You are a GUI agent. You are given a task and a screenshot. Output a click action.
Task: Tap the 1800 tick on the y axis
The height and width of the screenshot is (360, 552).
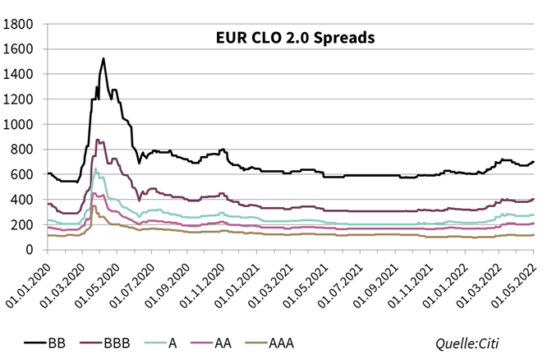[x=18, y=24]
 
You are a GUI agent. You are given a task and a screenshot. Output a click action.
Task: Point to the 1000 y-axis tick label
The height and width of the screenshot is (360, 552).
[x=18, y=124]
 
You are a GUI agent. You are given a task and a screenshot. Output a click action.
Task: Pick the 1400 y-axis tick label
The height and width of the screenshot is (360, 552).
[x=18, y=74]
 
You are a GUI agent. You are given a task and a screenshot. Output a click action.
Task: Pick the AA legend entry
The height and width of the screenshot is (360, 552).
[x=215, y=343]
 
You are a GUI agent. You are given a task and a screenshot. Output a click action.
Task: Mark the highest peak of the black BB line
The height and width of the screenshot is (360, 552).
[x=103, y=58]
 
